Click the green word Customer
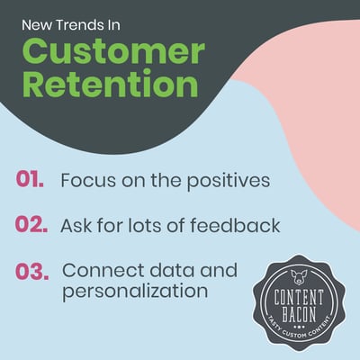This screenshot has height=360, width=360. [x=113, y=51]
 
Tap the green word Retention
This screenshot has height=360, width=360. [x=110, y=83]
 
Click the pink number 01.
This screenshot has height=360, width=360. [x=30, y=179]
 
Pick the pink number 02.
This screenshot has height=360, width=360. [x=31, y=225]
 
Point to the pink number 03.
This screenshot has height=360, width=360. [x=31, y=271]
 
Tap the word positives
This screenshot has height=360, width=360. [x=229, y=182]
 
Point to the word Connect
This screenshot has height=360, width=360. [x=103, y=270]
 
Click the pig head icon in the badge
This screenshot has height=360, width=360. [x=299, y=277]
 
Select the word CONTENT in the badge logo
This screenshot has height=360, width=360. [x=299, y=297]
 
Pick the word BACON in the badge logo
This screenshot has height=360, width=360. [x=299, y=314]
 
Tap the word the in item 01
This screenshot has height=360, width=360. [x=166, y=180]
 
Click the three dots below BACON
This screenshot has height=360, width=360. [x=299, y=326]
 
